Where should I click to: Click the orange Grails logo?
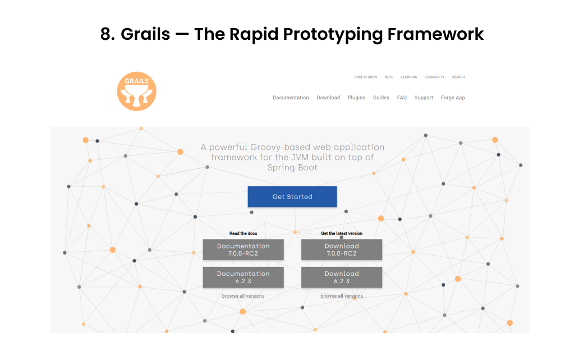tap(136, 91)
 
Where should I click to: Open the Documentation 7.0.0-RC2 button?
tap(243, 250)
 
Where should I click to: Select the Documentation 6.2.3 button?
tap(243, 277)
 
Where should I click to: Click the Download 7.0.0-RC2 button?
tap(341, 250)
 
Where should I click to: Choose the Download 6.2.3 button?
tap(341, 277)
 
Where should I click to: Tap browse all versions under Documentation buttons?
tap(243, 296)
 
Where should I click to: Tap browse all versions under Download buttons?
tap(341, 296)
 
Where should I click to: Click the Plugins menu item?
tap(356, 98)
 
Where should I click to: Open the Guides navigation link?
tap(381, 98)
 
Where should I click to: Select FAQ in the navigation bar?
tap(402, 98)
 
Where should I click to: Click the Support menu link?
tap(424, 98)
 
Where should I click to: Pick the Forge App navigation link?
tap(453, 98)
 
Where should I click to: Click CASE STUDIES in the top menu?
tap(366, 77)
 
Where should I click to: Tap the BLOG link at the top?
tap(389, 77)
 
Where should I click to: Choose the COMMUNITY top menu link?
tap(434, 77)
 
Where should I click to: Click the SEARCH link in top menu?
tap(458, 77)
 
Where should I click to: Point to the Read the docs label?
tap(243, 233)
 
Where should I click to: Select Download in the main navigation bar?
tap(328, 98)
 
